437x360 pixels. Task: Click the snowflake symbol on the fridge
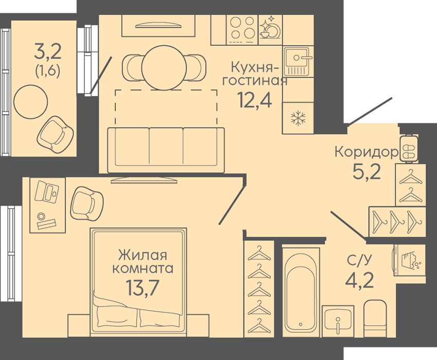pos(298,118)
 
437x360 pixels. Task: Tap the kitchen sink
pos(297,61)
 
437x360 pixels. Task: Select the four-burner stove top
pos(242,30)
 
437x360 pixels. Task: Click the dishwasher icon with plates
pos(270,28)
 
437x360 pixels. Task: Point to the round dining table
pos(164,67)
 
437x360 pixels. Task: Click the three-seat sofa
pos(166,150)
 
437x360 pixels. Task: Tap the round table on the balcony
pos(31,101)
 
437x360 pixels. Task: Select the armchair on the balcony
pos(56,135)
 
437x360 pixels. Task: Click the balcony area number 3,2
pos(47,52)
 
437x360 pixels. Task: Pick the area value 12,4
pos(254,100)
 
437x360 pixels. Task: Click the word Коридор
pos(366,152)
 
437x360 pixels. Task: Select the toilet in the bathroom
pos(375,318)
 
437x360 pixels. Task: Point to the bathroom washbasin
pos(338,321)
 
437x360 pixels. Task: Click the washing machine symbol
pos(409,260)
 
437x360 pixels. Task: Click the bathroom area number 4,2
pos(359,281)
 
